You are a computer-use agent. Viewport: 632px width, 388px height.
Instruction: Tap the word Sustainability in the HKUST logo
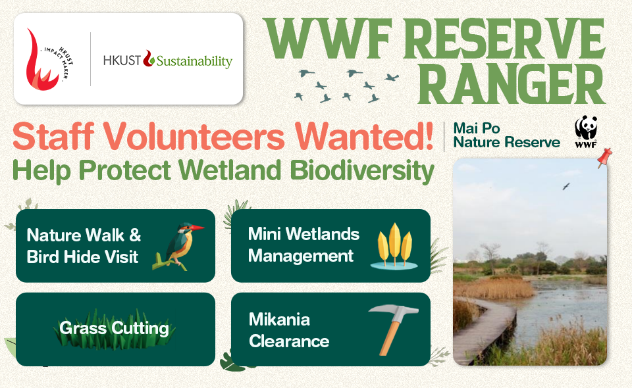pos(194,61)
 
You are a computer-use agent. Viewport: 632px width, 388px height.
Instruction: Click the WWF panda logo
pos(586,132)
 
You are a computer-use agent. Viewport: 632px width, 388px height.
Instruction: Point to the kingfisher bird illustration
pos(177,246)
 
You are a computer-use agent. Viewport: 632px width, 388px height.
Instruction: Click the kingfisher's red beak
pos(197,228)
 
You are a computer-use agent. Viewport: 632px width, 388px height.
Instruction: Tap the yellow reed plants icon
pos(394,247)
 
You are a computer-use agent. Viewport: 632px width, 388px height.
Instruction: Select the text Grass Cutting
pos(114,328)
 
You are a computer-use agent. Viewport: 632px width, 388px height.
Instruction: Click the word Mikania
pos(279,320)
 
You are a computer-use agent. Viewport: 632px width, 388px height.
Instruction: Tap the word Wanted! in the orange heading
pos(364,136)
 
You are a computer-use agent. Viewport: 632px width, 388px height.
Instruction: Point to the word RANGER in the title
pos(511,85)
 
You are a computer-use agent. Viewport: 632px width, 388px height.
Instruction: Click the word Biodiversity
pos(362,170)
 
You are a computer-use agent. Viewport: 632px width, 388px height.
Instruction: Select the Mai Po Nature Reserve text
pos(507,135)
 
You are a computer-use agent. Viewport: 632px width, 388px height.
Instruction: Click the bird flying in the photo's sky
pos(566,186)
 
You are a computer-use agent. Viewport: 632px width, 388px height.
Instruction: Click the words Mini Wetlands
pos(303,234)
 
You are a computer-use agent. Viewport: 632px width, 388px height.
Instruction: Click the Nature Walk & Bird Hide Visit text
pos(84,246)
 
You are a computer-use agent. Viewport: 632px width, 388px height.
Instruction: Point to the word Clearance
pos(289,341)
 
